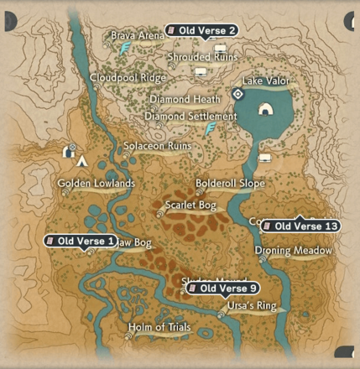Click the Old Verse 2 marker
[x=201, y=31]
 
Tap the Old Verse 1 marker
[x=81, y=242]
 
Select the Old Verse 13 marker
[x=300, y=226]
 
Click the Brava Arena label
[x=138, y=36]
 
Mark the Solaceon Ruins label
[x=158, y=146]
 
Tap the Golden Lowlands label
[x=97, y=183]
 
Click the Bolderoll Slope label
[x=230, y=183]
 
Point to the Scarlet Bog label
[x=190, y=205]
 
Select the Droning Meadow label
[x=293, y=250]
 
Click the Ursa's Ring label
[x=252, y=305]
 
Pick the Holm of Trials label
[x=159, y=327]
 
